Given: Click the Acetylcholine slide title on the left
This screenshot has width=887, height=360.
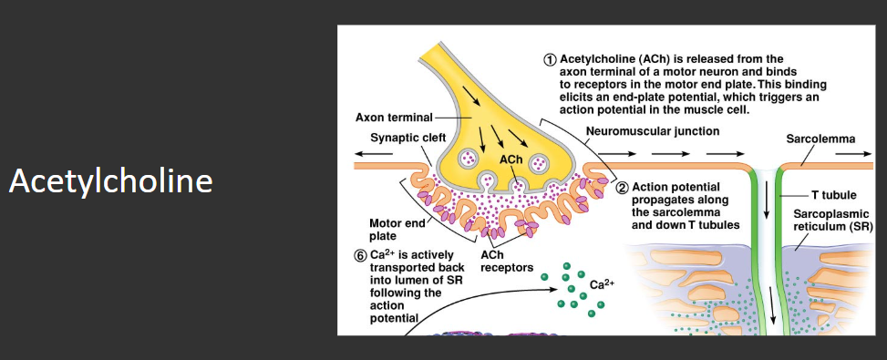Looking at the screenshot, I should tap(110, 181).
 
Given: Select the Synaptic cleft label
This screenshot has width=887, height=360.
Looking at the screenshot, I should tap(407, 138).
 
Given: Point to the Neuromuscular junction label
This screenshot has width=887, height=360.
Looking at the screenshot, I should tap(652, 131).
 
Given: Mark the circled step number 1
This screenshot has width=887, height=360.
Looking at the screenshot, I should tap(549, 59).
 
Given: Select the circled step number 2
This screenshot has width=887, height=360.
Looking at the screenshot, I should tap(623, 188).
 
